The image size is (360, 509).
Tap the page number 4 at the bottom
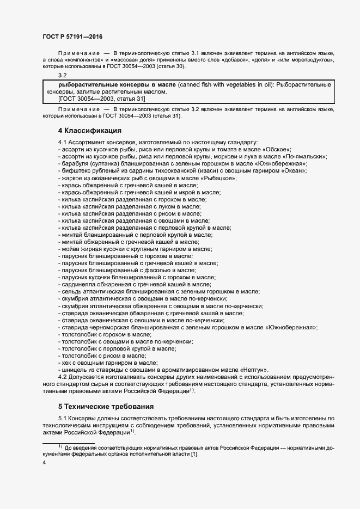(x=44, y=463)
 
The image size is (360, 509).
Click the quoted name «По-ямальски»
(x=307, y=156)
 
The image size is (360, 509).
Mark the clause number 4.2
(x=63, y=377)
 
